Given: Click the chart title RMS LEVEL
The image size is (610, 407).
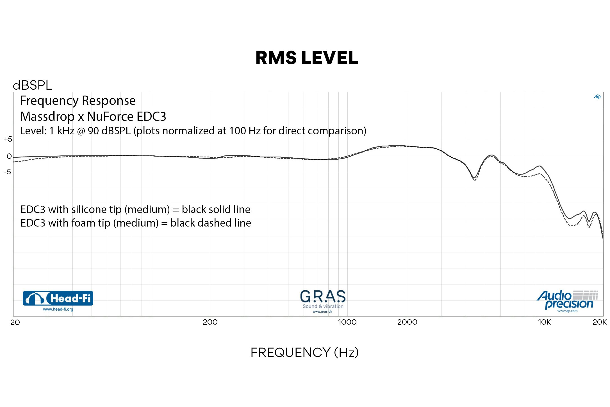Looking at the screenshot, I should pyautogui.click(x=307, y=58).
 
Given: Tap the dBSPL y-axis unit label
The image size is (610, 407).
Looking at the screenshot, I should pyautogui.click(x=32, y=85).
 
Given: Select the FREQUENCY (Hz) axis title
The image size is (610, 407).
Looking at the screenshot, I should pyautogui.click(x=304, y=352).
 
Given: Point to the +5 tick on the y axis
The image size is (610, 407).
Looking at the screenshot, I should pyautogui.click(x=8, y=139).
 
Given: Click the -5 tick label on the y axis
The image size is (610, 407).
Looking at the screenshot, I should pyautogui.click(x=8, y=172).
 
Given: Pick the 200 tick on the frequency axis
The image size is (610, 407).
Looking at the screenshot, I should pyautogui.click(x=210, y=322).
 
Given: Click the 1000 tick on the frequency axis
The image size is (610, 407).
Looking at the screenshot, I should pyautogui.click(x=347, y=322).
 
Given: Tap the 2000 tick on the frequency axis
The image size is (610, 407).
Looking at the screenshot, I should pyautogui.click(x=407, y=322).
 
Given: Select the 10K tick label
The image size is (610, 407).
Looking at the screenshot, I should pyautogui.click(x=544, y=322).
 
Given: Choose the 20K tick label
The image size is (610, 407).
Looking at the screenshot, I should pyautogui.click(x=599, y=322).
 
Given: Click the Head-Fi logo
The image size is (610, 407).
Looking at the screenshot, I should pyautogui.click(x=58, y=298).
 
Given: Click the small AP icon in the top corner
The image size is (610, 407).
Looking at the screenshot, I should pyautogui.click(x=597, y=97).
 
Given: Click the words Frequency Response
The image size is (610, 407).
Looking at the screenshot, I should pyautogui.click(x=78, y=100).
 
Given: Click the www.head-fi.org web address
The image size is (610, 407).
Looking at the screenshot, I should pyautogui.click(x=58, y=309).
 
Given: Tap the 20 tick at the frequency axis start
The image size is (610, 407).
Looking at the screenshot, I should pyautogui.click(x=15, y=322).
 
